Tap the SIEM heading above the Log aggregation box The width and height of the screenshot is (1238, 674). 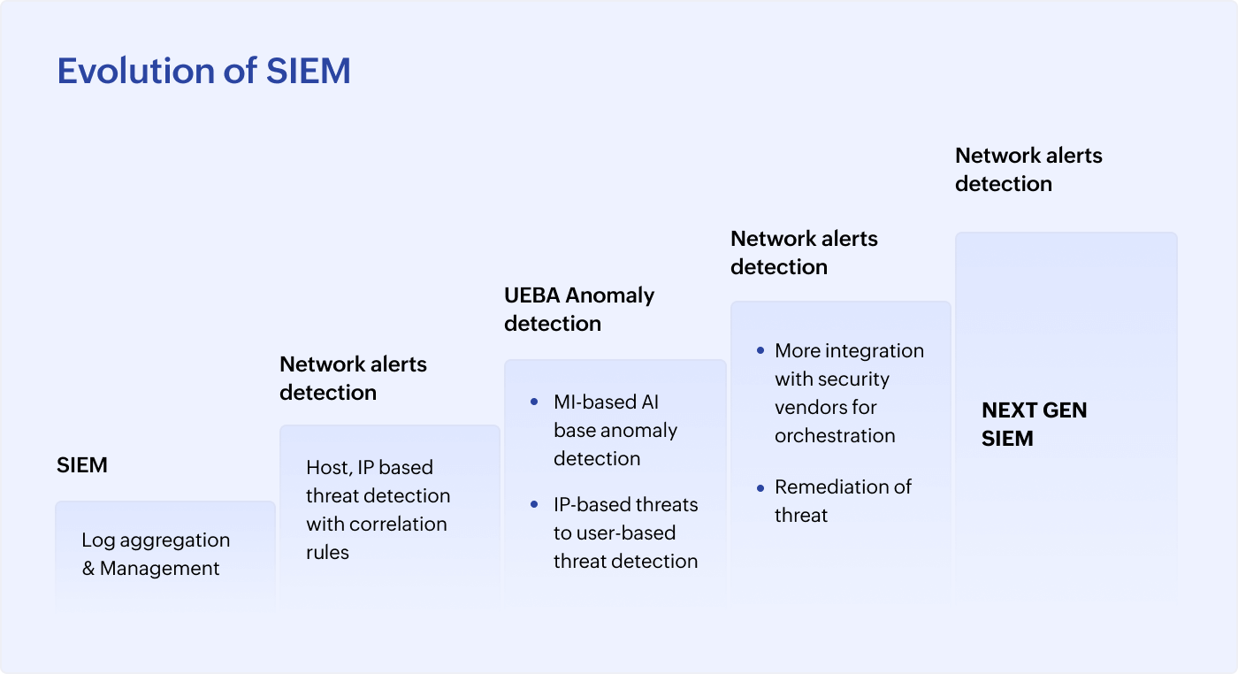pos(82,465)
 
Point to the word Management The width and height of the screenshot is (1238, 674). pos(159,568)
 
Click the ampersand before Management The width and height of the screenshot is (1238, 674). pos(88,568)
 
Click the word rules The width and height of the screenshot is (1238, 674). pos(327,552)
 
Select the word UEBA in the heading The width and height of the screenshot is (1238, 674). pos(532,295)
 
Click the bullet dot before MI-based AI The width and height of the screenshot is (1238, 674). pos(533,402)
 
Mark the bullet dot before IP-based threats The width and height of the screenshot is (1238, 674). pos(533,505)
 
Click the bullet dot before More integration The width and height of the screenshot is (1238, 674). pos(760,350)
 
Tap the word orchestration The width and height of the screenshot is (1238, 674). pos(835,435)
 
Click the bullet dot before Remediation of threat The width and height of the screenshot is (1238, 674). pos(760,487)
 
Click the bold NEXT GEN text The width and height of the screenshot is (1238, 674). pos(1034,410)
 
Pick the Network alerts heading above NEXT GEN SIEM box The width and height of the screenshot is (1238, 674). pos(1028,156)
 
